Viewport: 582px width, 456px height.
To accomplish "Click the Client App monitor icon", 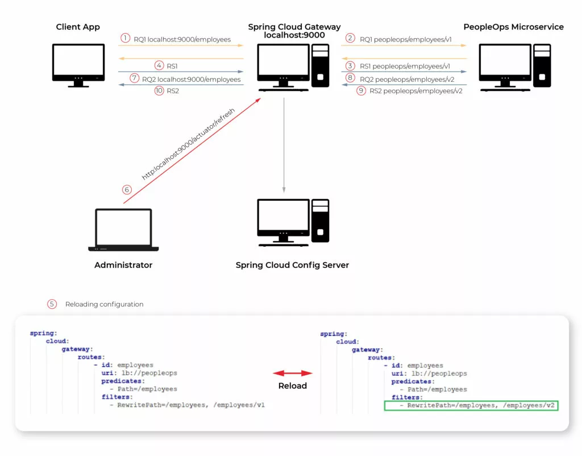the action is (x=78, y=65).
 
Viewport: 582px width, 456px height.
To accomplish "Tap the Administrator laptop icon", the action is (x=123, y=230).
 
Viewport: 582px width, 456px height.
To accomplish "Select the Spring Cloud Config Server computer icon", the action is (x=293, y=222).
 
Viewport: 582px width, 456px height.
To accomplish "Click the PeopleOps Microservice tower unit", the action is (x=542, y=65).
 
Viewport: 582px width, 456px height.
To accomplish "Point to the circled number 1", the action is (x=126, y=38).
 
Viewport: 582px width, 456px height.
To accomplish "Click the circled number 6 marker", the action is (x=127, y=190).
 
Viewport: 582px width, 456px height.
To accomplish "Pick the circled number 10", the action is (x=159, y=90).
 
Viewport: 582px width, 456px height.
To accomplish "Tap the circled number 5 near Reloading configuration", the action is (x=52, y=304).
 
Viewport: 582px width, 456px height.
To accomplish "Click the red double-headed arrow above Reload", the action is (x=293, y=373).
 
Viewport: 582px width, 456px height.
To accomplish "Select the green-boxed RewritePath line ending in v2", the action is (x=471, y=405).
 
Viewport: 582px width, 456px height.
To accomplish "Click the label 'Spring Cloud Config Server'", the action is (x=292, y=265).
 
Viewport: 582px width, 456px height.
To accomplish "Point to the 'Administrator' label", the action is (x=123, y=265).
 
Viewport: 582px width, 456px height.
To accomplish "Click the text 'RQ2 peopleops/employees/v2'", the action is (x=407, y=80).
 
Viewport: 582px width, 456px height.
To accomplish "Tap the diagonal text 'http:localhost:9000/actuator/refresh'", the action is (x=188, y=144).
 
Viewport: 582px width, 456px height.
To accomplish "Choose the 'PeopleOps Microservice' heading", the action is (x=513, y=27).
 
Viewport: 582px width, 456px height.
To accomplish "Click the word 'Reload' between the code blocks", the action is (x=293, y=386).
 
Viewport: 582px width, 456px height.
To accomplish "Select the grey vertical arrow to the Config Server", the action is (x=284, y=145).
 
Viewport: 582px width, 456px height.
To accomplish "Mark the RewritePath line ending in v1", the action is (x=188, y=405).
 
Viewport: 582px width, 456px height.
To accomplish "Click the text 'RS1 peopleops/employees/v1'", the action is (x=405, y=66).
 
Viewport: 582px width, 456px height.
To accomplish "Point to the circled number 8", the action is (x=350, y=77).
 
